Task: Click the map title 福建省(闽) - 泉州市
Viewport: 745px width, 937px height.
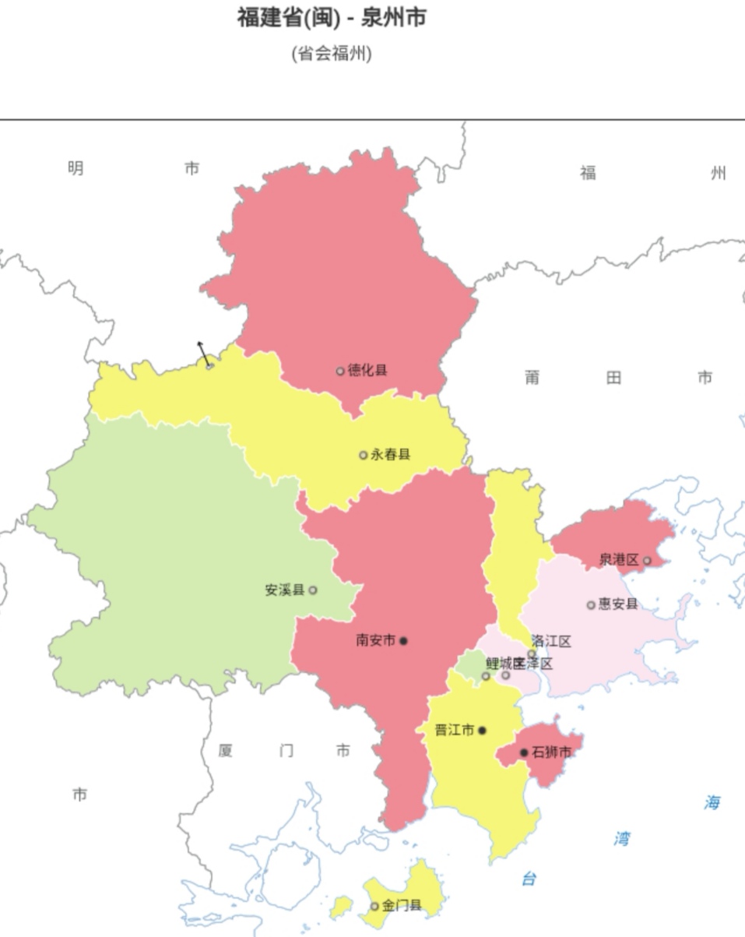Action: coord(332,17)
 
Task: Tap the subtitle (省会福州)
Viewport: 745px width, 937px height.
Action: coord(332,54)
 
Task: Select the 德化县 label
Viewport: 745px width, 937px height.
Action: coord(367,371)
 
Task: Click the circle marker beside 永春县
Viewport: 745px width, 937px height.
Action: coord(363,455)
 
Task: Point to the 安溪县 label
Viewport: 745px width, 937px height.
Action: coord(285,590)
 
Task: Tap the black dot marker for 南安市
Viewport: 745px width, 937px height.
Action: coord(403,641)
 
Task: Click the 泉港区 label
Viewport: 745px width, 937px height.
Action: coord(619,560)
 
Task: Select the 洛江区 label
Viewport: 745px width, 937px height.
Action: coord(551,642)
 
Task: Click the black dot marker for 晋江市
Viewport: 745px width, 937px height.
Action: coord(482,731)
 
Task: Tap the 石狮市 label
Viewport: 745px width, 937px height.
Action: coord(551,752)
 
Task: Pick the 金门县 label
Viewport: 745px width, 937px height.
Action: coord(402,906)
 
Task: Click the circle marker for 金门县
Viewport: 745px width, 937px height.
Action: coord(374,906)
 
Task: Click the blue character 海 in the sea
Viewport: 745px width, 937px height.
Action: coord(712,803)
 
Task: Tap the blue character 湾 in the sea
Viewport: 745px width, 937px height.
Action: coord(621,839)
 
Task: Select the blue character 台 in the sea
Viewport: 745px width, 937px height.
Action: coord(529,879)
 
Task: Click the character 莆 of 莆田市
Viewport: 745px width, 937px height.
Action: coord(532,379)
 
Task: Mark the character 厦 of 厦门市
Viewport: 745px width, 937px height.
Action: coord(226,751)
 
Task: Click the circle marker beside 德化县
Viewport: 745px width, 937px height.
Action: coord(340,371)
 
